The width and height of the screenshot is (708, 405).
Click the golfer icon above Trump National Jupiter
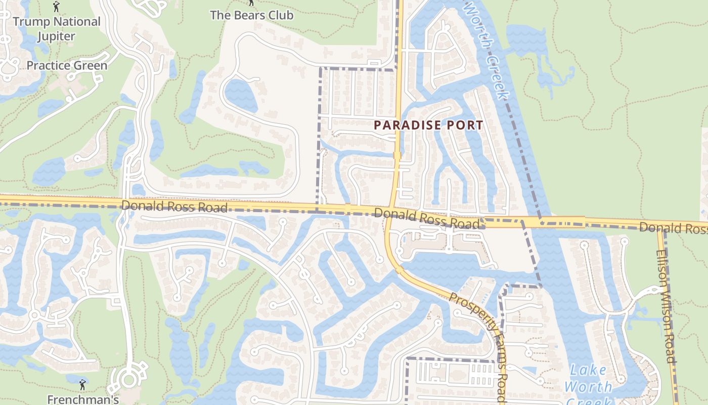point(56,7)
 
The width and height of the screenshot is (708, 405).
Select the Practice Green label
point(67,65)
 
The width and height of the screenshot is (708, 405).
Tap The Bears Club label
point(251,15)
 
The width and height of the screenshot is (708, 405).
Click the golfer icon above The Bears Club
point(251,3)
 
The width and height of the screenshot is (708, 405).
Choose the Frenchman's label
point(83,399)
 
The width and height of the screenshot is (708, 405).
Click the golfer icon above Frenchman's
point(82,385)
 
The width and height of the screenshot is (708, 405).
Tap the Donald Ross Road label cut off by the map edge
point(673,228)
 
